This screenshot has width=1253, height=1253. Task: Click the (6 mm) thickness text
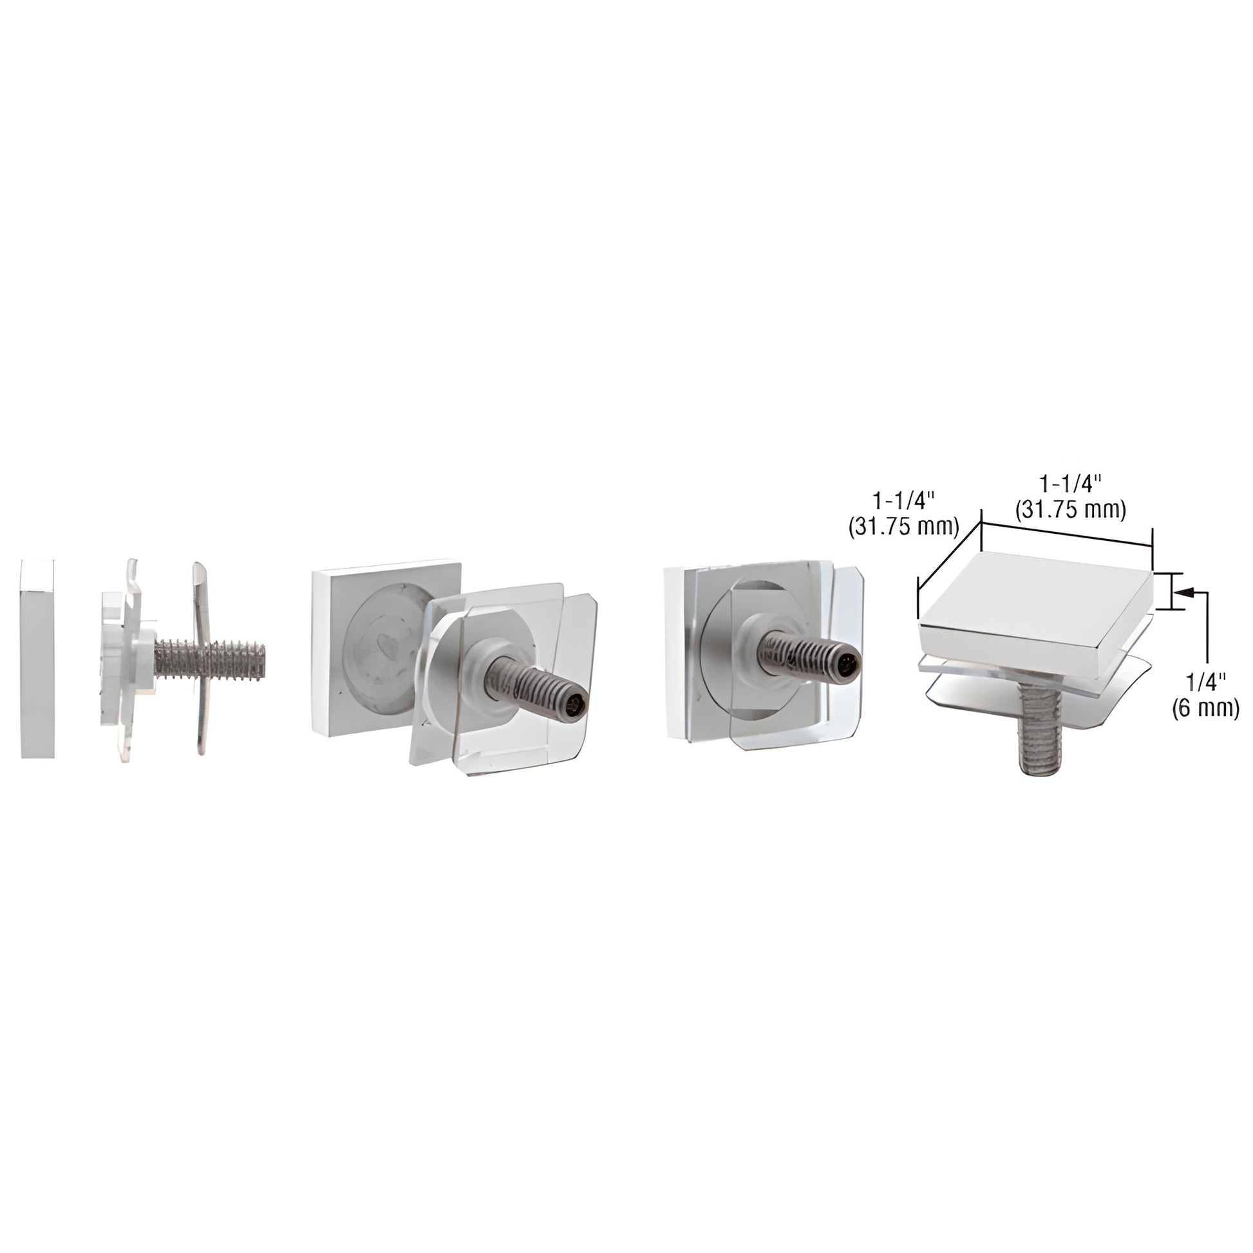1205,709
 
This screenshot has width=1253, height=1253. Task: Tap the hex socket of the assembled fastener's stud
846,664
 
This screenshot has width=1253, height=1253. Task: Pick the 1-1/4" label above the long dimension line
1071,483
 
